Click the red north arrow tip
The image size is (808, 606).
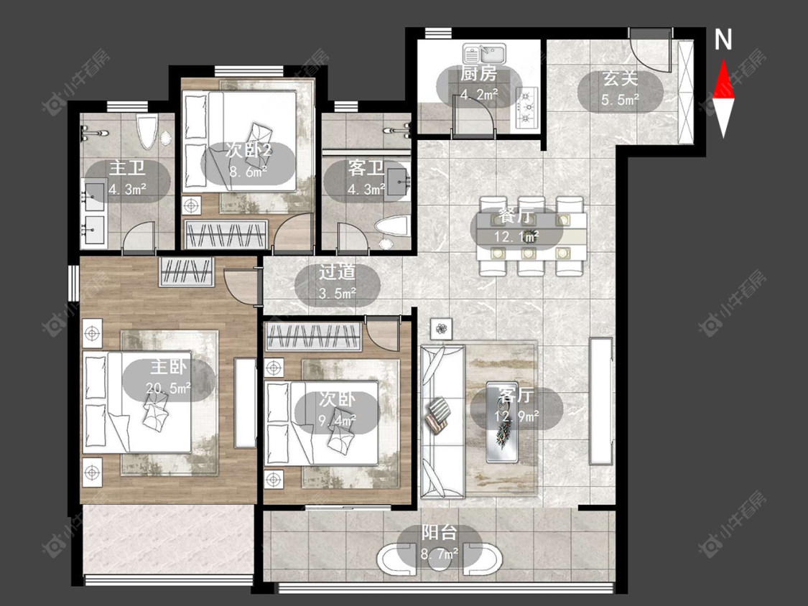(x=723, y=60)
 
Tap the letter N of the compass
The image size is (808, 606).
(x=723, y=39)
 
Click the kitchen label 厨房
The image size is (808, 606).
(x=478, y=74)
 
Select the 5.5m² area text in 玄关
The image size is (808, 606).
(x=620, y=99)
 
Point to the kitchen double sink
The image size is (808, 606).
(x=485, y=54)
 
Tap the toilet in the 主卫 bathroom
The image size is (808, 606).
(x=147, y=131)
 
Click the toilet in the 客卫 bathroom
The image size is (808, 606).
(x=391, y=227)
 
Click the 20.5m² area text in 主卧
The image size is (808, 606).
(x=169, y=387)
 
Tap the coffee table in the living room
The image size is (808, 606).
(x=502, y=421)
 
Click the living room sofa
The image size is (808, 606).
(x=442, y=421)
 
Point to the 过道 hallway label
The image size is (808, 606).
(x=338, y=272)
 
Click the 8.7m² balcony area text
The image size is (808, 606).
(x=440, y=554)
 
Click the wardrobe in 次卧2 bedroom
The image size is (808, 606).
(x=226, y=235)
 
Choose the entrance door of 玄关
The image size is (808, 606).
(x=651, y=50)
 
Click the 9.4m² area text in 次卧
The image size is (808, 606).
(x=338, y=421)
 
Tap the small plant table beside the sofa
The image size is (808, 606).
(x=441, y=328)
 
